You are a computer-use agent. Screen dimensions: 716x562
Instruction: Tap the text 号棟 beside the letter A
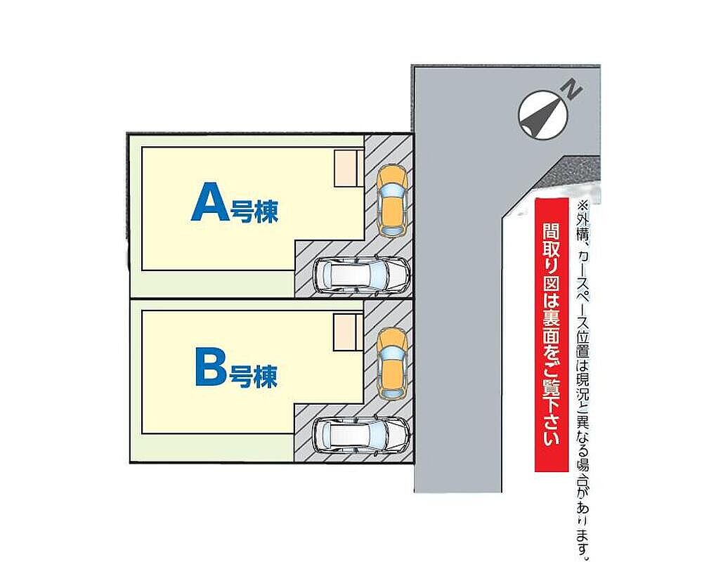click(254, 211)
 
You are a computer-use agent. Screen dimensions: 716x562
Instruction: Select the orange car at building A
click(391, 201)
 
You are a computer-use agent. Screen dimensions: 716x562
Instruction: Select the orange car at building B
click(391, 363)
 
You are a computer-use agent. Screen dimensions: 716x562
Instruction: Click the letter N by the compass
click(573, 90)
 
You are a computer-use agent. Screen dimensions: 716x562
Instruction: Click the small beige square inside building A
click(347, 169)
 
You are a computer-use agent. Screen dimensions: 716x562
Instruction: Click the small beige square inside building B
click(346, 332)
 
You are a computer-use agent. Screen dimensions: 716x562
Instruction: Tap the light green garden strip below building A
click(211, 285)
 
